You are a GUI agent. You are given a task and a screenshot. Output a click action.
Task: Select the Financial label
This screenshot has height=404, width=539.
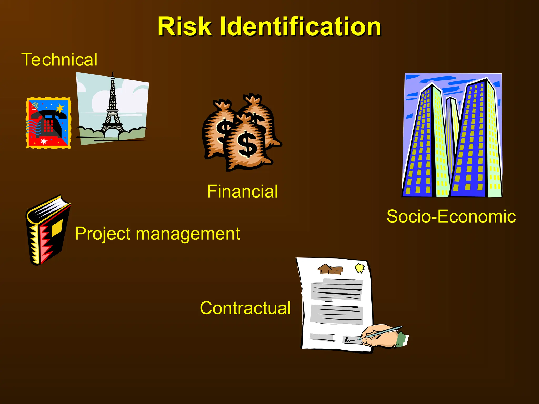pyautogui.click(x=242, y=191)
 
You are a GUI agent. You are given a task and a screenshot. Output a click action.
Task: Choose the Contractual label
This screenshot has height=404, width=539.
pyautogui.click(x=245, y=308)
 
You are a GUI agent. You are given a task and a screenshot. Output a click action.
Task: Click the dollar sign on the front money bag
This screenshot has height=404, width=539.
pyautogui.click(x=247, y=144)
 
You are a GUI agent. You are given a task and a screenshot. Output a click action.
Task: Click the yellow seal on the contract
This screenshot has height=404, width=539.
pyautogui.click(x=360, y=268)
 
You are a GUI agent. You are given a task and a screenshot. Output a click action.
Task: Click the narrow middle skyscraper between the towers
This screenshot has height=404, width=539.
pyautogui.click(x=452, y=132)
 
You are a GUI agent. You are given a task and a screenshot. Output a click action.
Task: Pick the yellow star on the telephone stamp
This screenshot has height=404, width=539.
pyautogui.click(x=60, y=108)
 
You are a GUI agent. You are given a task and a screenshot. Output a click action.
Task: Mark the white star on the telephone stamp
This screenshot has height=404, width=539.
pyautogui.click(x=43, y=141)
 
